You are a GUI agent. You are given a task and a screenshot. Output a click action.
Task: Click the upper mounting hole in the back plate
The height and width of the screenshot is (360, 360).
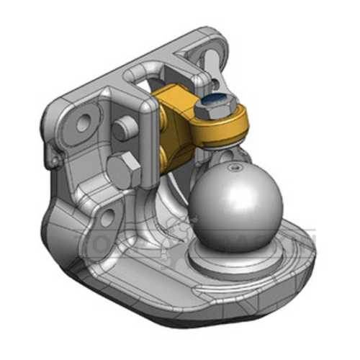pos(89,118)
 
